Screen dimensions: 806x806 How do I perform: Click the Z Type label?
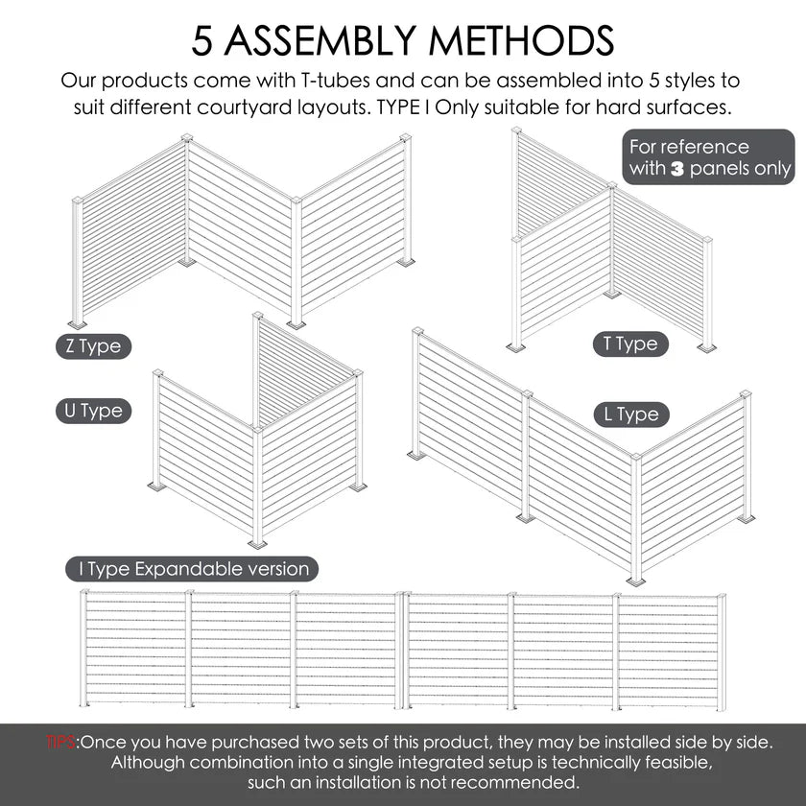pyautogui.click(x=93, y=346)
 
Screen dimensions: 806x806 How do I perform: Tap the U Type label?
pyautogui.click(x=93, y=412)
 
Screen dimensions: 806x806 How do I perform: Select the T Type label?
pyautogui.click(x=630, y=344)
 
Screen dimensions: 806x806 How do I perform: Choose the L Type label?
pyautogui.click(x=630, y=415)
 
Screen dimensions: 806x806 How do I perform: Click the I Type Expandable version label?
pyautogui.click(x=193, y=569)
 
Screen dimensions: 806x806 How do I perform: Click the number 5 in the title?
pyautogui.click(x=204, y=40)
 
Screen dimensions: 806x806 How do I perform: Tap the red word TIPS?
pyautogui.click(x=62, y=742)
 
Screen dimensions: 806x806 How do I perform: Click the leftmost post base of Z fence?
pyautogui.click(x=77, y=323)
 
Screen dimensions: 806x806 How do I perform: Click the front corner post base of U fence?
pyautogui.click(x=257, y=542)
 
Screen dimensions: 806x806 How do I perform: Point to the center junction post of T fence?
pyautogui.click(x=611, y=240)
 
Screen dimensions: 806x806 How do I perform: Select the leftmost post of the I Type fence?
pyautogui.click(x=84, y=648)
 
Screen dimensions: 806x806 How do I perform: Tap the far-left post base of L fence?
pyautogui.click(x=416, y=454)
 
